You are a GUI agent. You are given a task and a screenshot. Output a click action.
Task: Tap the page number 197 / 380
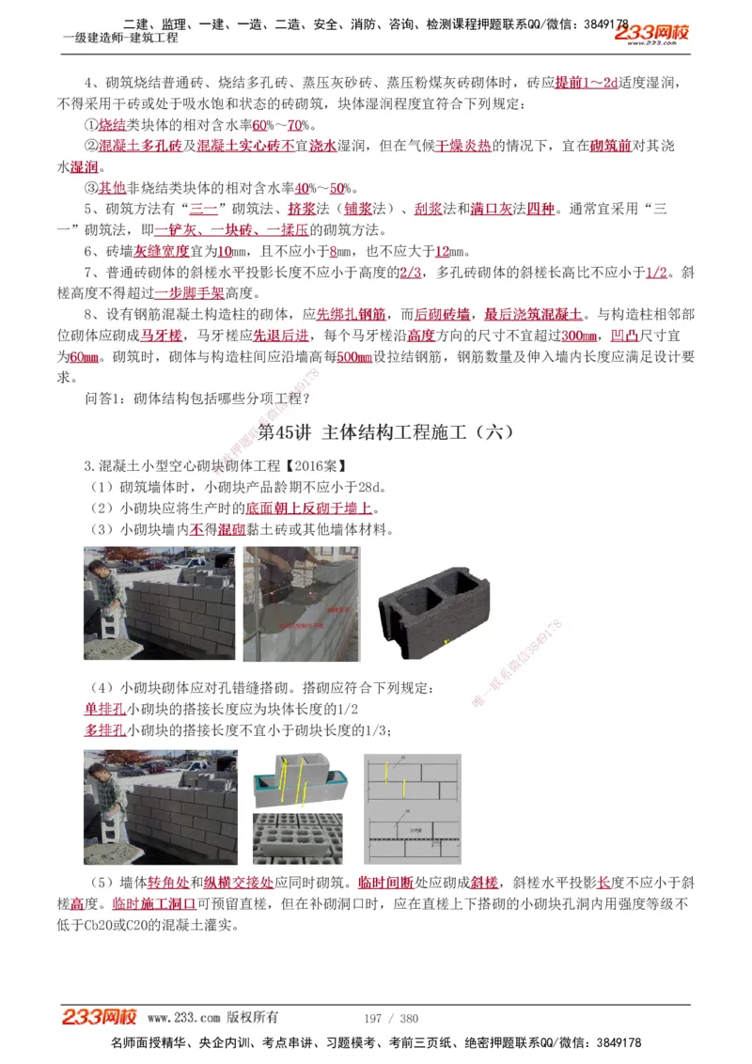390,1018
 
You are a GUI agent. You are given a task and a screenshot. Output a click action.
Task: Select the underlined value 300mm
579,336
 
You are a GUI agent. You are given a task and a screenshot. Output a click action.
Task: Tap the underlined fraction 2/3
411,272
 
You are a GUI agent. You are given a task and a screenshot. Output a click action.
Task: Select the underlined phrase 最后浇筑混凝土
533,314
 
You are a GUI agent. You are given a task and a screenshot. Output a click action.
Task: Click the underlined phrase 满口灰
491,209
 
